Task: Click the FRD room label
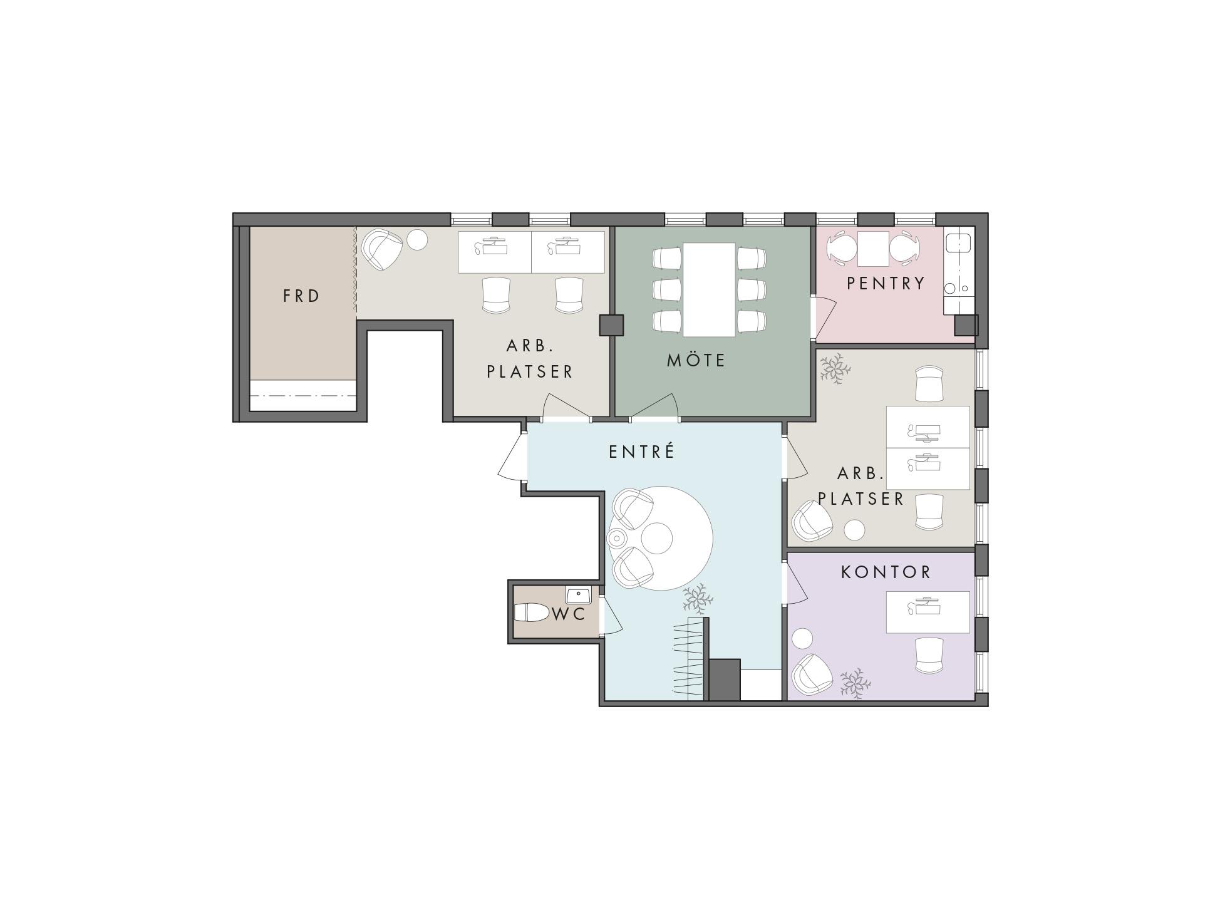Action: pyautogui.click(x=301, y=296)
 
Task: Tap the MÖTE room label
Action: pyautogui.click(x=696, y=360)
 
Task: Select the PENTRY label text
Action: pyautogui.click(x=886, y=283)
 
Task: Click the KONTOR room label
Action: pyautogui.click(x=886, y=572)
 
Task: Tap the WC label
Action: pyautogui.click(x=569, y=614)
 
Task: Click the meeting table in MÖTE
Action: pyautogui.click(x=709, y=289)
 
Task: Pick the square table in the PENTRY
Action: pyautogui.click(x=874, y=249)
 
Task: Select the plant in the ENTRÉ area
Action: pyautogui.click(x=698, y=598)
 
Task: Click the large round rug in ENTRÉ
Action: pyautogui.click(x=661, y=539)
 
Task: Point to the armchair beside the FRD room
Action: pyautogui.click(x=382, y=249)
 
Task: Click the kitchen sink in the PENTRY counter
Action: pyautogui.click(x=959, y=242)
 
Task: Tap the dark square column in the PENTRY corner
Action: pyautogui.click(x=966, y=325)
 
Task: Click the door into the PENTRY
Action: pyautogui.click(x=824, y=319)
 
